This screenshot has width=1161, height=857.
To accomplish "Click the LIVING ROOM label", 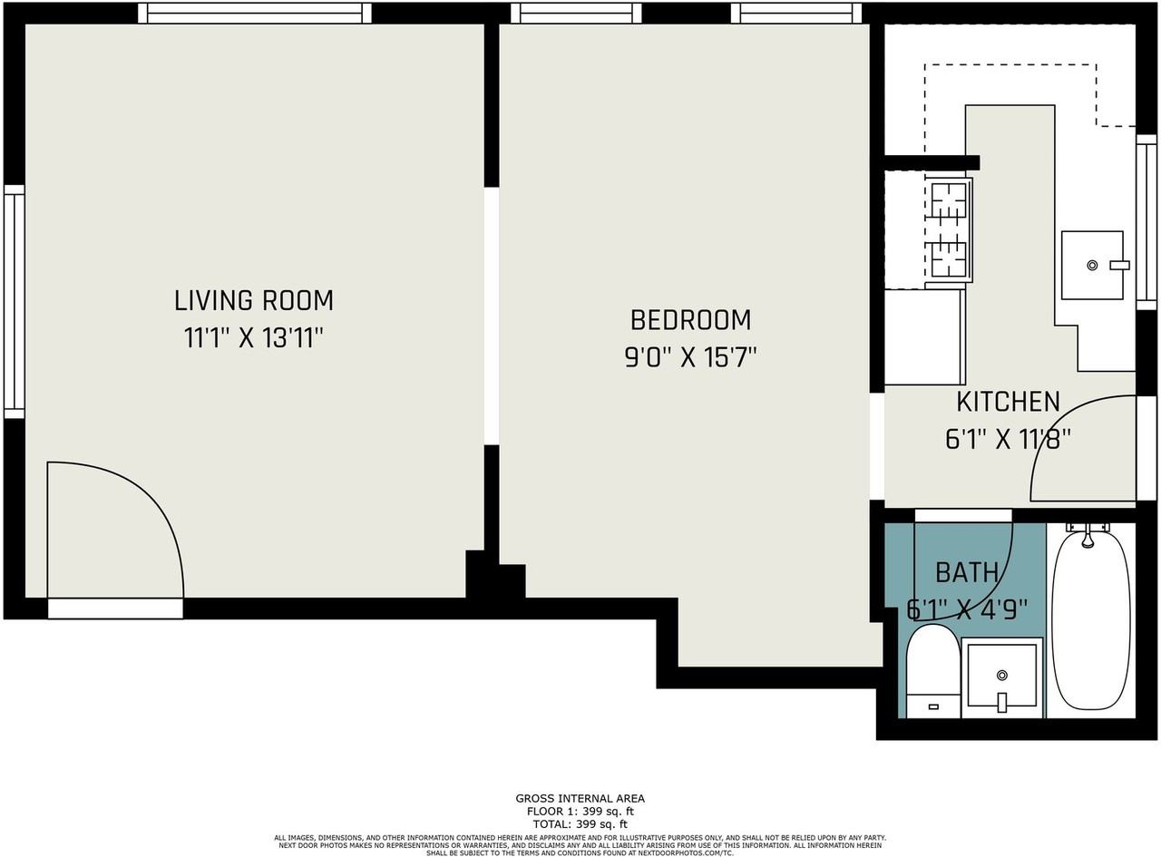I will click(x=254, y=300).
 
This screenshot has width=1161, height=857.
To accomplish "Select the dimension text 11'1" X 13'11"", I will click(x=254, y=339).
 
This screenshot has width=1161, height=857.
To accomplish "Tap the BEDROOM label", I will click(x=690, y=320).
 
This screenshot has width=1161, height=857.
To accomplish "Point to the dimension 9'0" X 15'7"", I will click(x=690, y=358).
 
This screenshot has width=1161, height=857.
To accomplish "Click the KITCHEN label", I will click(x=1008, y=402).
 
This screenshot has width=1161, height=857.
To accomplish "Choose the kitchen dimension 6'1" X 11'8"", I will click(x=1008, y=440).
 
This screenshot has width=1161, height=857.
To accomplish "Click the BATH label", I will click(x=967, y=572).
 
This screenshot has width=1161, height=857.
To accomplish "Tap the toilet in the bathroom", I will click(x=932, y=671).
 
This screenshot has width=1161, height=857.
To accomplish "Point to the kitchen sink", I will click(x=1092, y=265).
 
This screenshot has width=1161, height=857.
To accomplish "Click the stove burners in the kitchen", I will click(x=949, y=229).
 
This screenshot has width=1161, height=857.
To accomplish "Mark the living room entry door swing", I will click(x=113, y=531).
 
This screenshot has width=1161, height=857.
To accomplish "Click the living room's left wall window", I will click(x=14, y=301).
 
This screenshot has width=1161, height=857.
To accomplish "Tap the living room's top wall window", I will click(x=254, y=13).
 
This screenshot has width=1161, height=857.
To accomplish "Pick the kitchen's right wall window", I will click(x=1146, y=222).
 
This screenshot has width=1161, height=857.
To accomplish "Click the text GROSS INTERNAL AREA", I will click(x=580, y=799).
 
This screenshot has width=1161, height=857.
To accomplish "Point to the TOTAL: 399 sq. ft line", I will click(x=580, y=824).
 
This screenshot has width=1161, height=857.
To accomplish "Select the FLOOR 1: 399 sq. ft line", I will click(x=580, y=812).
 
